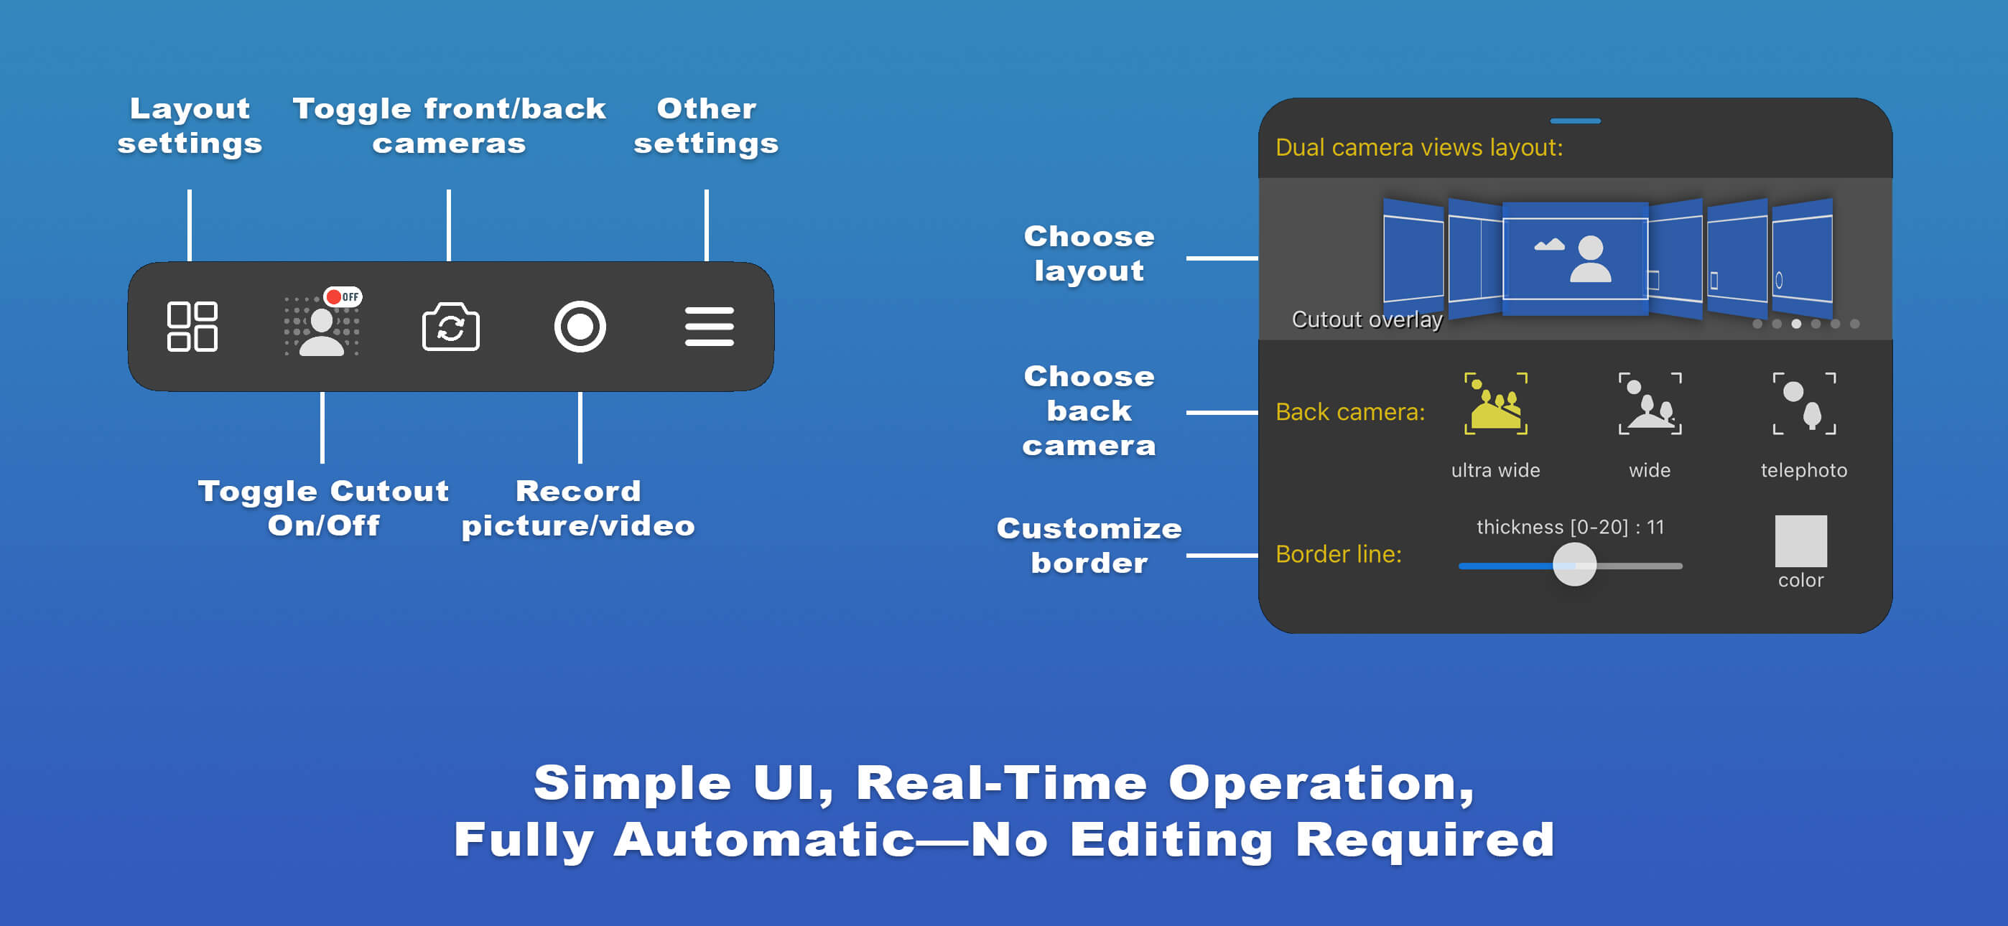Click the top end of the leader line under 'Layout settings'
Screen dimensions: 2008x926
click(190, 190)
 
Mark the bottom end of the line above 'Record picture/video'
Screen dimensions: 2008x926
click(580, 462)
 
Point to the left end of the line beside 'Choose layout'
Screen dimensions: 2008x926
click(1187, 258)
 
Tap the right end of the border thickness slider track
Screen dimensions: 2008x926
click(1682, 566)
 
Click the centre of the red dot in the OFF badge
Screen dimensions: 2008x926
click(334, 297)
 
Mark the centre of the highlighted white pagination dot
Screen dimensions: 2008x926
click(1796, 324)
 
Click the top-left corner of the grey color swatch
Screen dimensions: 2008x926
click(1776, 515)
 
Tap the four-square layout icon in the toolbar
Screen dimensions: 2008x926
click(192, 327)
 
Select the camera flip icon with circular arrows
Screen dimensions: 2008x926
click(450, 327)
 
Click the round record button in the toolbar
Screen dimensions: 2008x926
click(580, 327)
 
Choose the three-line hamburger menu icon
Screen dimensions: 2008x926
click(710, 327)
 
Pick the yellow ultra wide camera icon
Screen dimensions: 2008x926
click(1495, 403)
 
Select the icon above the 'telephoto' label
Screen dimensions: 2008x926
click(1804, 403)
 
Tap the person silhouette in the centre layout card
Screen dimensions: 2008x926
click(1590, 259)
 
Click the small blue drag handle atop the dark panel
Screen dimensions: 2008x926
click(1576, 121)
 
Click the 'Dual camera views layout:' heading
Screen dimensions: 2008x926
click(1418, 147)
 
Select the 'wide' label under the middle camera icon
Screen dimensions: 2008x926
click(1650, 470)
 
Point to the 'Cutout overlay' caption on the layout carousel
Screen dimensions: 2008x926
click(1367, 319)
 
